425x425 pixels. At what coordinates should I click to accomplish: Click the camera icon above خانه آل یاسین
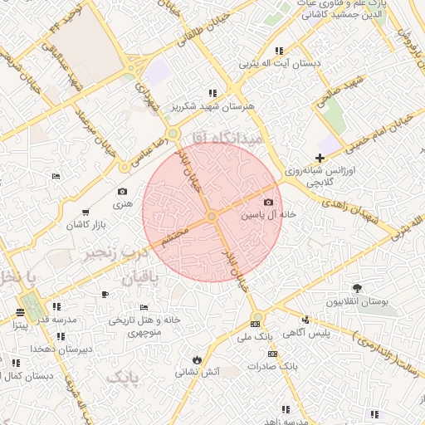pyautogui.click(x=268, y=203)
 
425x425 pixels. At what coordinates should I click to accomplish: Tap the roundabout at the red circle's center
pyautogui.click(x=212, y=217)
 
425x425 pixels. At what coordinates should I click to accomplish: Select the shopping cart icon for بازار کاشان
pyautogui.click(x=85, y=213)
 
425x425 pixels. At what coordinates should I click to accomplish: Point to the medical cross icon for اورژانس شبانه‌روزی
pyautogui.click(x=320, y=158)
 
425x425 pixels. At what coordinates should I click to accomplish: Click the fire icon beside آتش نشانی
pyautogui.click(x=197, y=359)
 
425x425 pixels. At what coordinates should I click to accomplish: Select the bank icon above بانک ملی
pyautogui.click(x=255, y=324)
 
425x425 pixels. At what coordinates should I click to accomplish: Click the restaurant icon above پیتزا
pyautogui.click(x=20, y=313)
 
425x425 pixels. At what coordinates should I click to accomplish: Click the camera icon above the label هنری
pyautogui.click(x=123, y=191)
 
